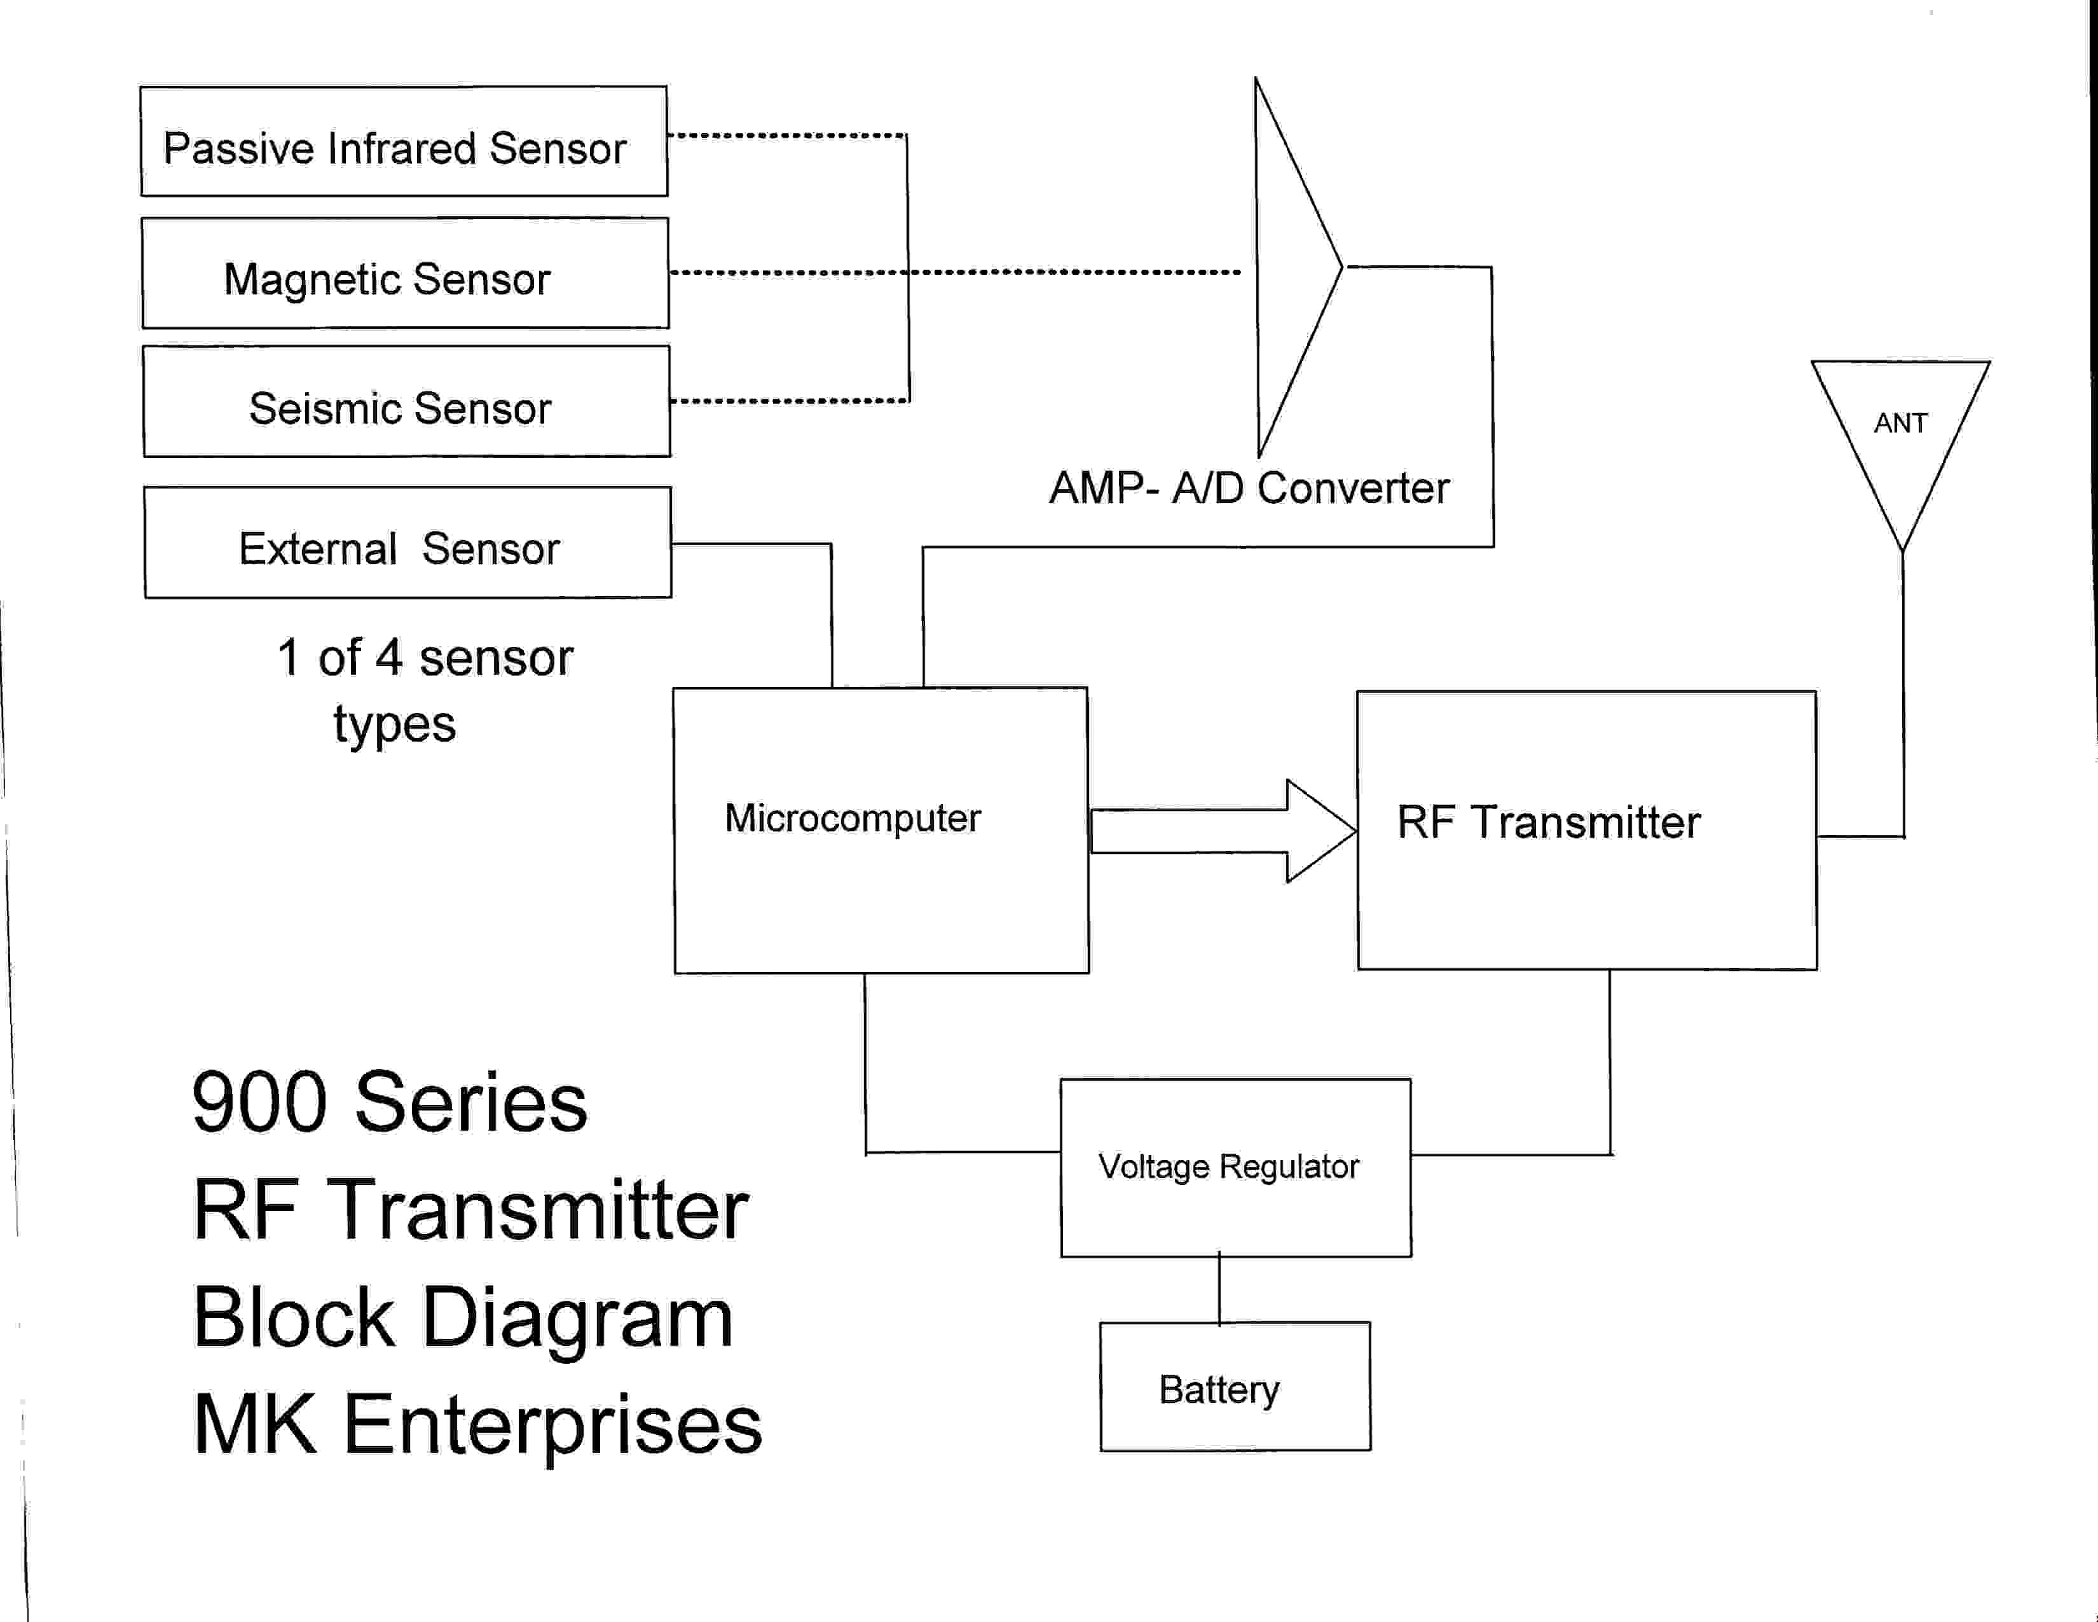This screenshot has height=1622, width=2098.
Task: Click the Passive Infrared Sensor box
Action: (x=404, y=141)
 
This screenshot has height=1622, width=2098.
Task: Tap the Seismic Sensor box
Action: (x=406, y=401)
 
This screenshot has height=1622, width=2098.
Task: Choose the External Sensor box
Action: (x=408, y=543)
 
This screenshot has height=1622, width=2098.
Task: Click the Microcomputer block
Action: (x=881, y=830)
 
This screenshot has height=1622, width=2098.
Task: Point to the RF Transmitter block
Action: (x=1586, y=830)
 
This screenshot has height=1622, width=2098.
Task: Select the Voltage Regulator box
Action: (x=1235, y=1167)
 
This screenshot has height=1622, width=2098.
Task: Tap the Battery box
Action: (x=1235, y=1387)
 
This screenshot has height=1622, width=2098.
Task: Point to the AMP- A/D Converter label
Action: (x=1249, y=488)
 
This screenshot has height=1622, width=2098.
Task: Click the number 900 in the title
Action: (x=259, y=1102)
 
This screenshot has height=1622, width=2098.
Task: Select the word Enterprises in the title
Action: (x=552, y=1425)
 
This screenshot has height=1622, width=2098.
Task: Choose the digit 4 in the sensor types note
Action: (x=388, y=658)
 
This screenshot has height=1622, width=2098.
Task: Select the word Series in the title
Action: (x=470, y=1102)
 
